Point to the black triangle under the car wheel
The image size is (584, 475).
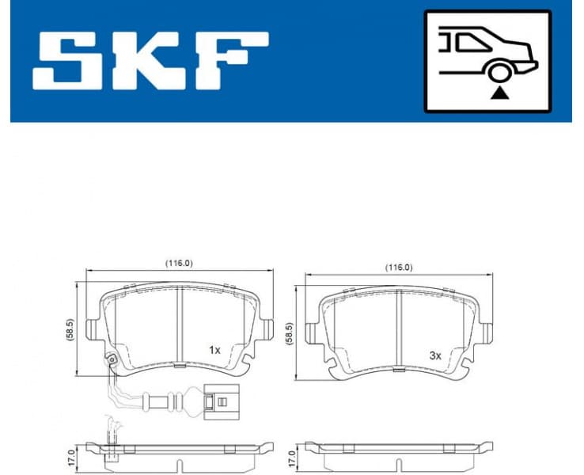[499, 93]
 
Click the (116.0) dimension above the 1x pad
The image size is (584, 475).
[178, 263]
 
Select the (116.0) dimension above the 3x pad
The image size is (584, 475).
[398, 268]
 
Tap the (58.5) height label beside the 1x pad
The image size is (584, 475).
[69, 327]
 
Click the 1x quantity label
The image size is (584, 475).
[214, 349]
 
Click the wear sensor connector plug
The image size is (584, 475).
[215, 401]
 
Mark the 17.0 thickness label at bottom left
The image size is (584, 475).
[70, 457]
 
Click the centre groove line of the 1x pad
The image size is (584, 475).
[180, 325]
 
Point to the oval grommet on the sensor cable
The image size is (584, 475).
[171, 401]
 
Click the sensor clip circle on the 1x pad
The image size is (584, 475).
[112, 362]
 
